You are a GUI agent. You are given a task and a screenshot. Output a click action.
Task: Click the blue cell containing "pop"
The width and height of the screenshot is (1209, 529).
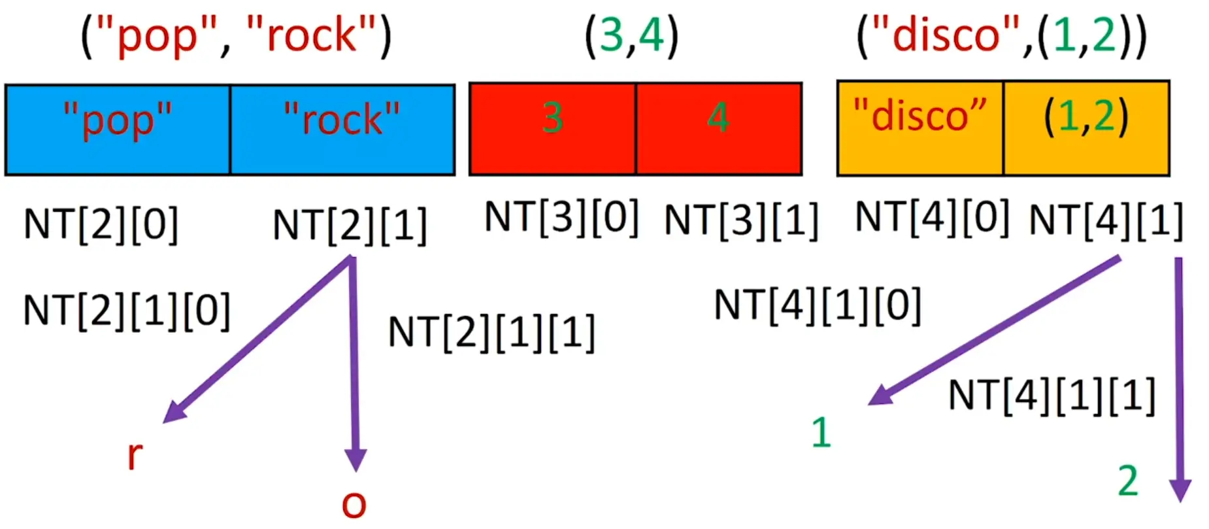pos(118,129)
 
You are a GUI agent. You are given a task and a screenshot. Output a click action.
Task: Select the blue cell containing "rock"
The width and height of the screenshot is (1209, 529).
pos(342,129)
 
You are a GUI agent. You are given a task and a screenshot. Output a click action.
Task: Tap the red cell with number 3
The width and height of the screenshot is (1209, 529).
pos(552,128)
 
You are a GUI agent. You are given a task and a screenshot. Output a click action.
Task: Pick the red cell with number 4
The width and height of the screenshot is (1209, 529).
pos(719,128)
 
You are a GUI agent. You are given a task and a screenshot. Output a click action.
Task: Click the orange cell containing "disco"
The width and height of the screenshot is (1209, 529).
pos(920,128)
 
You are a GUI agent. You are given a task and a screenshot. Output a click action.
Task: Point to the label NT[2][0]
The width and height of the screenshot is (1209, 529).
pos(101,225)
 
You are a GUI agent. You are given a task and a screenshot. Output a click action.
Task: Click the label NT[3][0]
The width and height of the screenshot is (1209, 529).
pos(561,217)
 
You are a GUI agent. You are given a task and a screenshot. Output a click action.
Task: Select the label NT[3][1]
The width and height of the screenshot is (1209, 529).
pos(741,220)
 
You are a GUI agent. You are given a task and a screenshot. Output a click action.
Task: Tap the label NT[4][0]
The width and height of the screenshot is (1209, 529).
pos(932,217)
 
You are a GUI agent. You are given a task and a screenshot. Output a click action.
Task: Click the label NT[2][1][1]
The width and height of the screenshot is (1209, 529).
pos(491,333)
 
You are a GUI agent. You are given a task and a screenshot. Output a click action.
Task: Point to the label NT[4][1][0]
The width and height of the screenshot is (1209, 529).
pos(818,305)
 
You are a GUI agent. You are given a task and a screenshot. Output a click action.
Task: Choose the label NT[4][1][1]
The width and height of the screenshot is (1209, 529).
pos(1052,396)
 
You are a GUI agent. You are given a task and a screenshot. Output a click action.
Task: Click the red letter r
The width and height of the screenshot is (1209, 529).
pos(135,455)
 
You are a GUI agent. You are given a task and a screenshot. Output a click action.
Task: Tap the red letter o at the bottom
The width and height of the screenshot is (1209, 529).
pos(354,505)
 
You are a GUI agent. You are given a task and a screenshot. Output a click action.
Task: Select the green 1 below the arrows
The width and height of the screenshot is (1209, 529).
pos(821,433)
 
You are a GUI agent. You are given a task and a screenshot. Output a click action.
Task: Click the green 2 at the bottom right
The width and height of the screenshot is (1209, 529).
pos(1128,482)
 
